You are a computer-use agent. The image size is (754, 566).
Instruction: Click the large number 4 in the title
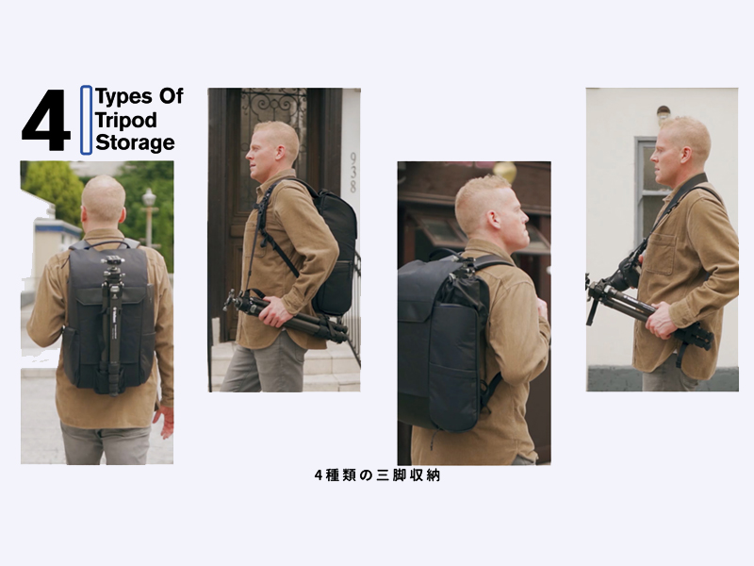pos(45,121)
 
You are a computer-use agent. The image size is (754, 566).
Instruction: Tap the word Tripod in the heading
pos(126,121)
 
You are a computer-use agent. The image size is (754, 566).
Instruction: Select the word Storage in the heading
pos(135,142)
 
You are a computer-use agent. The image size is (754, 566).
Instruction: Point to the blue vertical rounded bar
pos(86,120)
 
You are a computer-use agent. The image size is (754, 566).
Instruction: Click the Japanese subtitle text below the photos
pos(377,475)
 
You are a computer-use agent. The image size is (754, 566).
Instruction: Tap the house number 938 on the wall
pos(353,173)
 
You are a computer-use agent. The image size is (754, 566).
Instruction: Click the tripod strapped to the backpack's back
pos(112,324)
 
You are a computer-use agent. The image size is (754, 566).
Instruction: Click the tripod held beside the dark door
pos(286,316)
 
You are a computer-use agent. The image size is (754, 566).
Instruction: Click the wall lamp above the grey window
pos(664,114)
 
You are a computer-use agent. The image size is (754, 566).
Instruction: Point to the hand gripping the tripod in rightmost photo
pos(663,320)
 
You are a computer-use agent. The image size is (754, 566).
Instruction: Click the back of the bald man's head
pos(104,200)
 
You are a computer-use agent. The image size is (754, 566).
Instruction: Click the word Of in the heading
pos(172,96)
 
